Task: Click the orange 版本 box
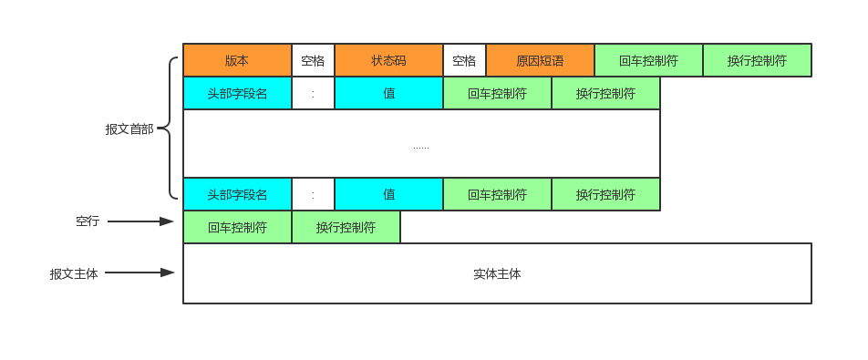pyautogui.click(x=237, y=61)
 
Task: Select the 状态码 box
pyautogui.click(x=388, y=61)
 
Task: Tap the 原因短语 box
pyautogui.click(x=540, y=61)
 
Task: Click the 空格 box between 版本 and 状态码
pyautogui.click(x=313, y=61)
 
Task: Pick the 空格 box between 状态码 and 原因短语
pyautogui.click(x=464, y=61)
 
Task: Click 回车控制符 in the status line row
pyautogui.click(x=648, y=61)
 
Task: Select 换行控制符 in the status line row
pyautogui.click(x=757, y=61)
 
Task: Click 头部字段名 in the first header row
pyautogui.click(x=237, y=93)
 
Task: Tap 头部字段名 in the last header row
pyautogui.click(x=237, y=194)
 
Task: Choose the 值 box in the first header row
pyautogui.click(x=388, y=93)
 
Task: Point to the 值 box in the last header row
pyautogui.click(x=388, y=194)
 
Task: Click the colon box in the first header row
pyautogui.click(x=313, y=93)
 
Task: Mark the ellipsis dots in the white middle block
pyautogui.click(x=420, y=146)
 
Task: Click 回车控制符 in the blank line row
pyautogui.click(x=237, y=228)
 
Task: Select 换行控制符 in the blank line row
pyautogui.click(x=346, y=228)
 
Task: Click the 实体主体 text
pyautogui.click(x=497, y=273)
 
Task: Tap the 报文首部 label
pyautogui.click(x=129, y=129)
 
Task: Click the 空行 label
pyautogui.click(x=88, y=221)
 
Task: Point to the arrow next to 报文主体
pyautogui.click(x=141, y=273)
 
